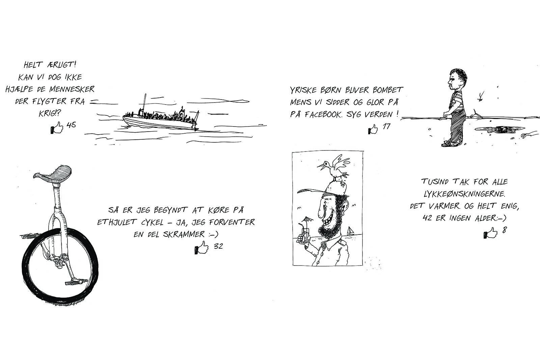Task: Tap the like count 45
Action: click(x=71, y=125)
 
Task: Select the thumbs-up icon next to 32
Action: click(x=201, y=247)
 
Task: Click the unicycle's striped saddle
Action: click(x=53, y=174)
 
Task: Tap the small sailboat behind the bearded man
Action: click(x=351, y=231)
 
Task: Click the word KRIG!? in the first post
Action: click(x=50, y=113)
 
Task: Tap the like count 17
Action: click(x=386, y=126)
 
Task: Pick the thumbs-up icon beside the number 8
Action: click(x=490, y=233)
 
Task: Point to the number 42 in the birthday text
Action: click(x=427, y=218)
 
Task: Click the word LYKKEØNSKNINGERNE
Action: click(x=464, y=194)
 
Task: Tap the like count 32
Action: click(x=218, y=246)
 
